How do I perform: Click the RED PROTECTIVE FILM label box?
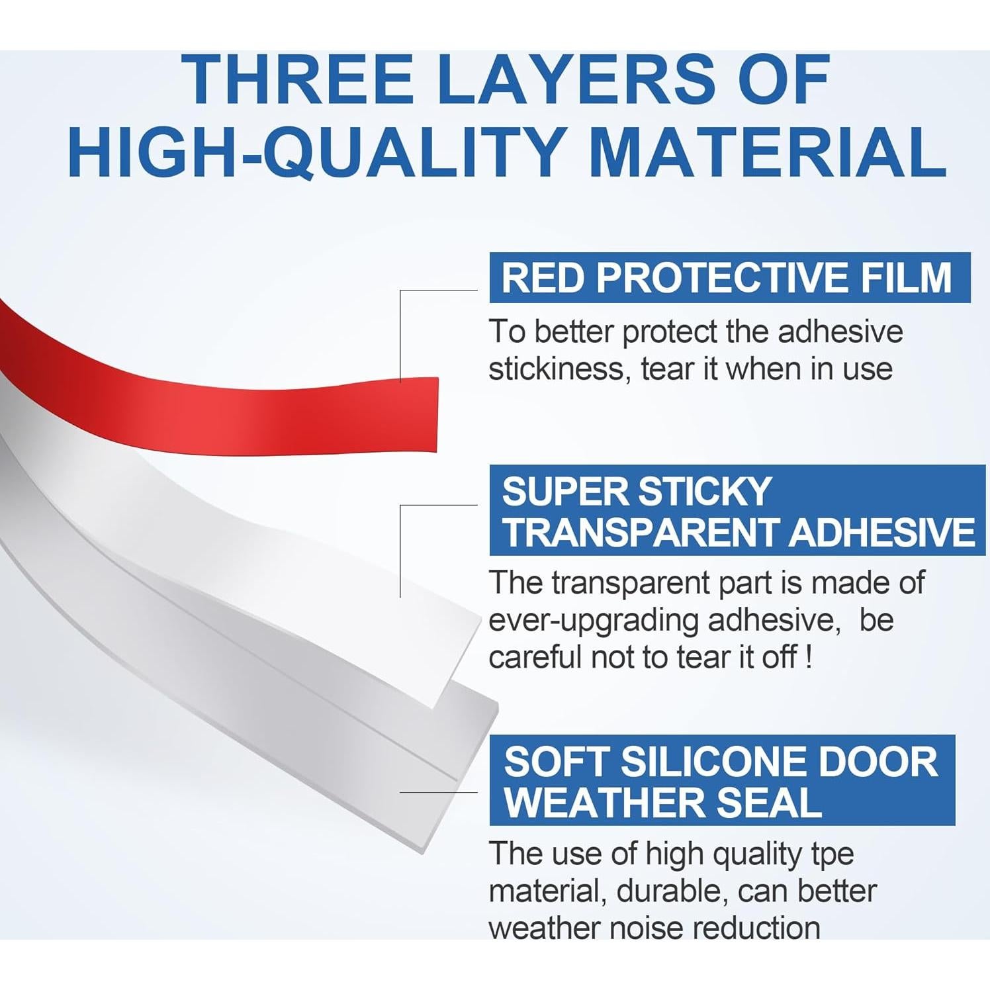click(x=730, y=277)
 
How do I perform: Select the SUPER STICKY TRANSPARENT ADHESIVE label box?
click(x=737, y=511)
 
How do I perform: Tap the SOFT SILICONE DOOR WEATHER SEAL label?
click(x=723, y=780)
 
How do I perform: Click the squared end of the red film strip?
click(x=437, y=414)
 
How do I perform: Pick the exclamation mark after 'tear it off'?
click(x=809, y=658)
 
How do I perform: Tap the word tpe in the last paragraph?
click(x=832, y=855)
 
